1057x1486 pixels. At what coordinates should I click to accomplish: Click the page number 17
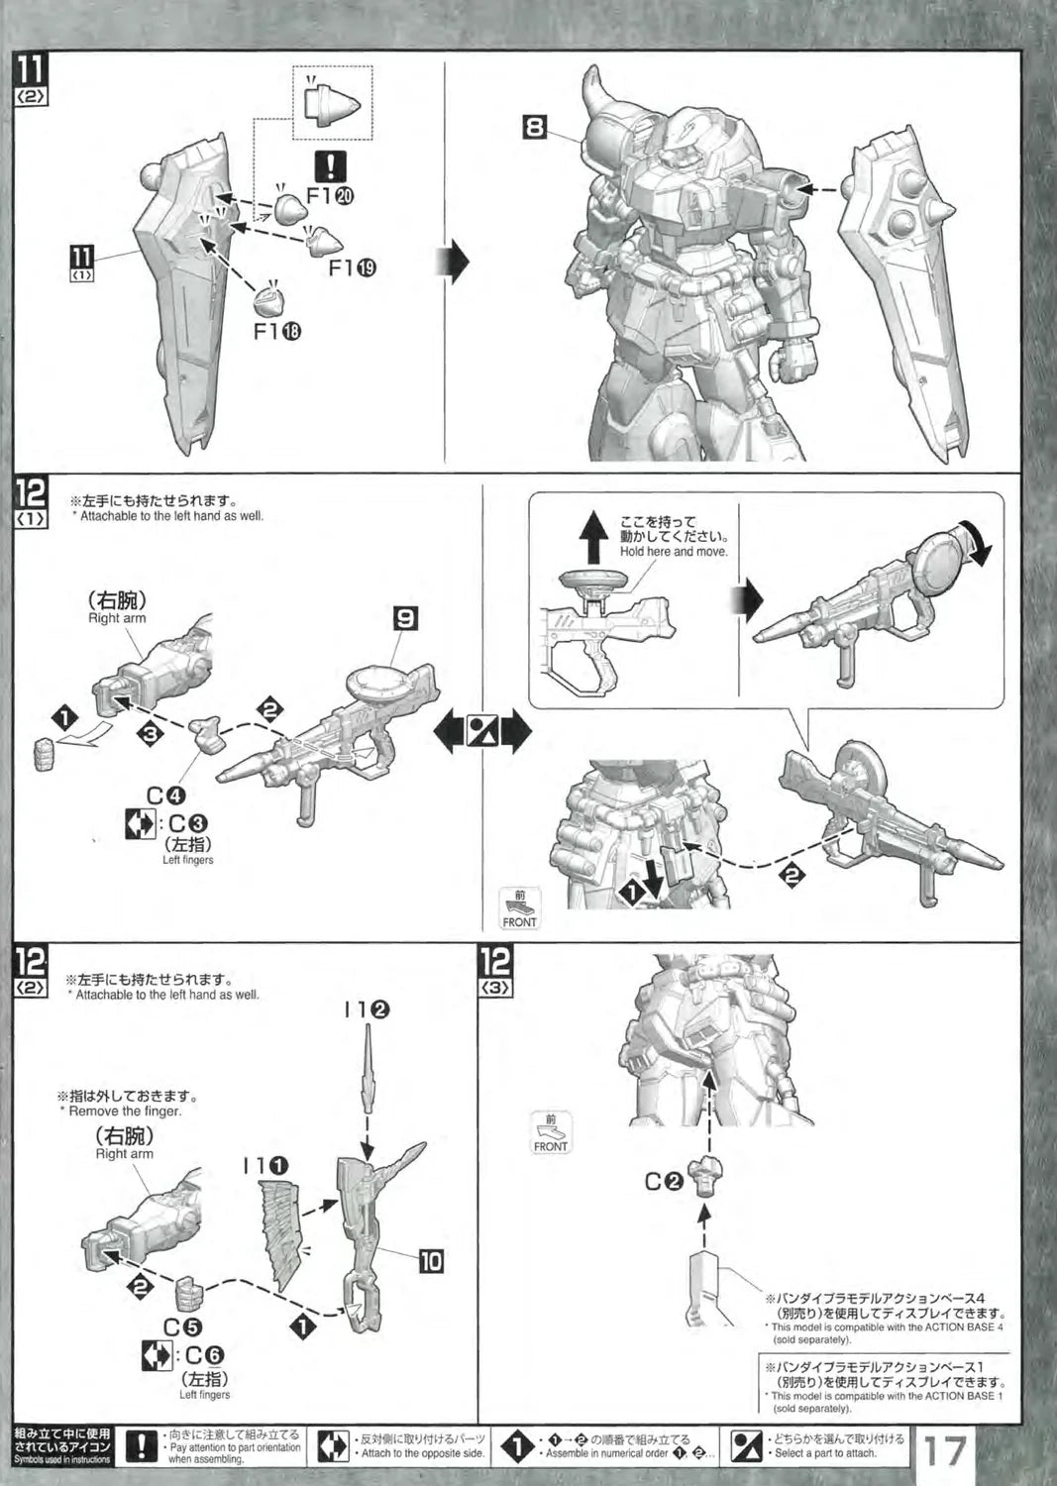click(945, 1451)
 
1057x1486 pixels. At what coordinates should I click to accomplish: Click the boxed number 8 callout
click(535, 126)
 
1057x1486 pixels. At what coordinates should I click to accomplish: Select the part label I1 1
click(264, 1166)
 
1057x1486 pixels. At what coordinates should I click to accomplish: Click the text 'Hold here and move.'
click(674, 551)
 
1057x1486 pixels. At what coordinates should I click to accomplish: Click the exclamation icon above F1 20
click(331, 165)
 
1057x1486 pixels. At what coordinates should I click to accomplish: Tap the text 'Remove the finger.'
click(125, 1111)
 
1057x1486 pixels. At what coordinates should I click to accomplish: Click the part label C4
click(165, 796)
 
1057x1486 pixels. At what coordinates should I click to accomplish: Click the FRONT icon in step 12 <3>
click(551, 1132)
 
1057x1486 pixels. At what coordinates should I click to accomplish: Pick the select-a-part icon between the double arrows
click(482, 731)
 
